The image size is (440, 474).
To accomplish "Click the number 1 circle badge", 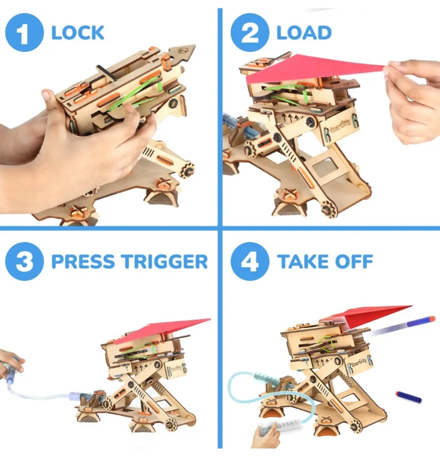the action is [25, 32].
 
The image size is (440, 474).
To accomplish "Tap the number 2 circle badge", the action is [250, 32].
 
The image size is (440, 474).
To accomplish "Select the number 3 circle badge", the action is [25, 261].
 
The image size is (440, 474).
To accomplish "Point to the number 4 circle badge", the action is [250, 261].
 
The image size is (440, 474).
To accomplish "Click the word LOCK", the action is [78, 33].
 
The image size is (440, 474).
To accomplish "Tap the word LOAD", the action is [304, 33].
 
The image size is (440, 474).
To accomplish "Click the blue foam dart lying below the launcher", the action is [409, 397].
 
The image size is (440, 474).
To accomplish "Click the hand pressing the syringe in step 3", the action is [11, 365].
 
